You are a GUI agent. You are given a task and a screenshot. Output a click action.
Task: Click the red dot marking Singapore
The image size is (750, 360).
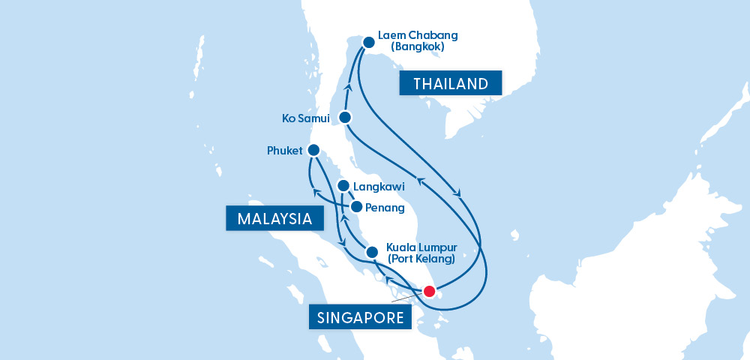pos(429,291)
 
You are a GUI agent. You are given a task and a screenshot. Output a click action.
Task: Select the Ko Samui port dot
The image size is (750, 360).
pos(345,117)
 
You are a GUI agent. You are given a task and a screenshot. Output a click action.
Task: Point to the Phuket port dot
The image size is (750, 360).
pos(313,150)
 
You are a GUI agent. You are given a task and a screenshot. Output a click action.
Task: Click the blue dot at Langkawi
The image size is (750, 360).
pos(343,185)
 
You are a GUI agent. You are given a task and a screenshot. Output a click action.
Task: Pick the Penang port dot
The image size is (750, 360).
pos(356,207)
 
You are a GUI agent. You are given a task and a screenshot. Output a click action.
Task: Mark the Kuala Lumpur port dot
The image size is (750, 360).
pos(371,252)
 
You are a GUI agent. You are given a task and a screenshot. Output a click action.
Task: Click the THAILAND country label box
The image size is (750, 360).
pos(450,83)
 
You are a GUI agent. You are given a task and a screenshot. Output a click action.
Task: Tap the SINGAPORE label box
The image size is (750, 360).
pos(361,317)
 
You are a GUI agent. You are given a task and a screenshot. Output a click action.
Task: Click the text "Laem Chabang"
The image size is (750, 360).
pos(418,34)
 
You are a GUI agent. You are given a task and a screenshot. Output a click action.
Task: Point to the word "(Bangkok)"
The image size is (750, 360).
pos(418,46)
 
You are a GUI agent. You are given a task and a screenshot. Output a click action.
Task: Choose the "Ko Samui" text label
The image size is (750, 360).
pos(306,118)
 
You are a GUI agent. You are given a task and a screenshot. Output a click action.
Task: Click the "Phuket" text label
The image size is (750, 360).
pos(284,151)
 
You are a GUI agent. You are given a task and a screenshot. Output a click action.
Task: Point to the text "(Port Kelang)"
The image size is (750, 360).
pos(421,259)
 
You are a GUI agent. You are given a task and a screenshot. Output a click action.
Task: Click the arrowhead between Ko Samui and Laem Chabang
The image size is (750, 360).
pos(347,86)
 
